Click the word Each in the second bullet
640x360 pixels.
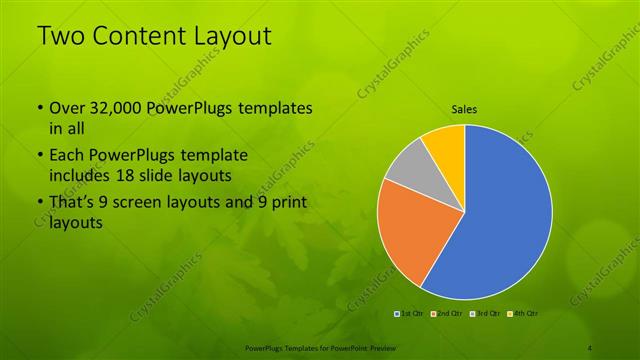[x=65, y=155]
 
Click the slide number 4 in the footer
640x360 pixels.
[x=590, y=347]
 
